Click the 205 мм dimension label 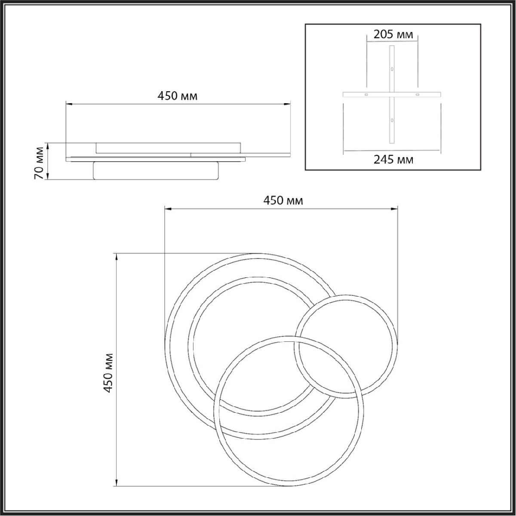393,34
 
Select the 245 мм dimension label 393,160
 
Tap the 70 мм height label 40,163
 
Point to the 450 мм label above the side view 177,96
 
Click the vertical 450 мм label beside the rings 109,373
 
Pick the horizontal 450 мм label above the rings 283,200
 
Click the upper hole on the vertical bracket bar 392,69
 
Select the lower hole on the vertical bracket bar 392,120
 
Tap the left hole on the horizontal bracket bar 367,95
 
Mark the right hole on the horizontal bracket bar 417,95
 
